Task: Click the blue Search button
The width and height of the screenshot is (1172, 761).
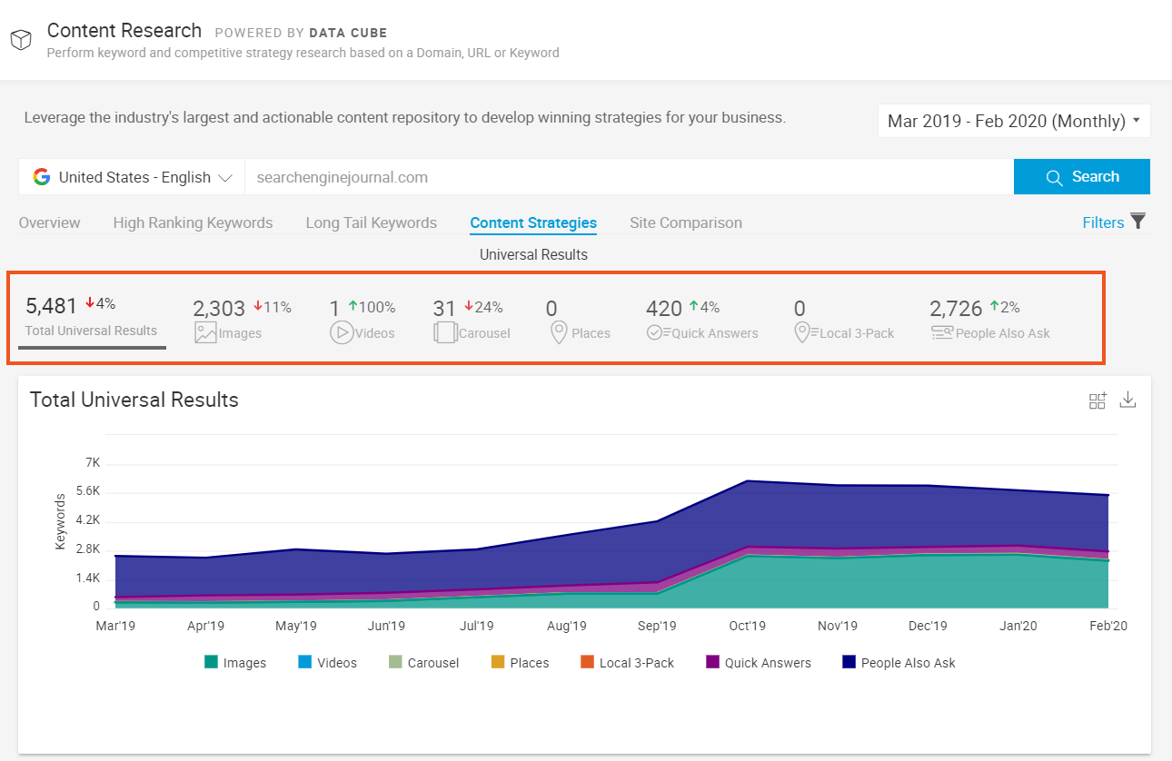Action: point(1081,177)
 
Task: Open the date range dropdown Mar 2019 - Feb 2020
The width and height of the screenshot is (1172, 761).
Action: point(1013,121)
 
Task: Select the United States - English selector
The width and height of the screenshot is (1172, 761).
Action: point(133,177)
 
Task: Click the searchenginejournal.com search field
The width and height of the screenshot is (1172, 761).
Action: point(627,177)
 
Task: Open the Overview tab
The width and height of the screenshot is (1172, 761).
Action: point(49,222)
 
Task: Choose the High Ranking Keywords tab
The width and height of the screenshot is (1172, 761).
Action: point(193,222)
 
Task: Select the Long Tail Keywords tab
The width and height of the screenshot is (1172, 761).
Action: point(371,222)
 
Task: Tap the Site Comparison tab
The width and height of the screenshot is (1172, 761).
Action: point(685,222)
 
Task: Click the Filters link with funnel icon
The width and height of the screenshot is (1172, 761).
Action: point(1113,222)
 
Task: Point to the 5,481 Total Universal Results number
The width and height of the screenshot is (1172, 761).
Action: point(52,306)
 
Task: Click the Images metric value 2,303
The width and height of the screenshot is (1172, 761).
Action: point(219,309)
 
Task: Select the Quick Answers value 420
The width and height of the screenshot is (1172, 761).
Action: point(663,309)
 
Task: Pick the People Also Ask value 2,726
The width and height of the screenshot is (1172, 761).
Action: point(956,309)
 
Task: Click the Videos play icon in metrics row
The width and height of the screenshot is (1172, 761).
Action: point(341,333)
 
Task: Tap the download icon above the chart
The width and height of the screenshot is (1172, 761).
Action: point(1127,400)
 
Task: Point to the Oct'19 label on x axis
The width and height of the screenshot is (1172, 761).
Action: point(747,626)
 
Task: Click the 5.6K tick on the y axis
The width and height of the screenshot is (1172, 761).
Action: point(87,492)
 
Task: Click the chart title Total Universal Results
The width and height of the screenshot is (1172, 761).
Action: point(134,400)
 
